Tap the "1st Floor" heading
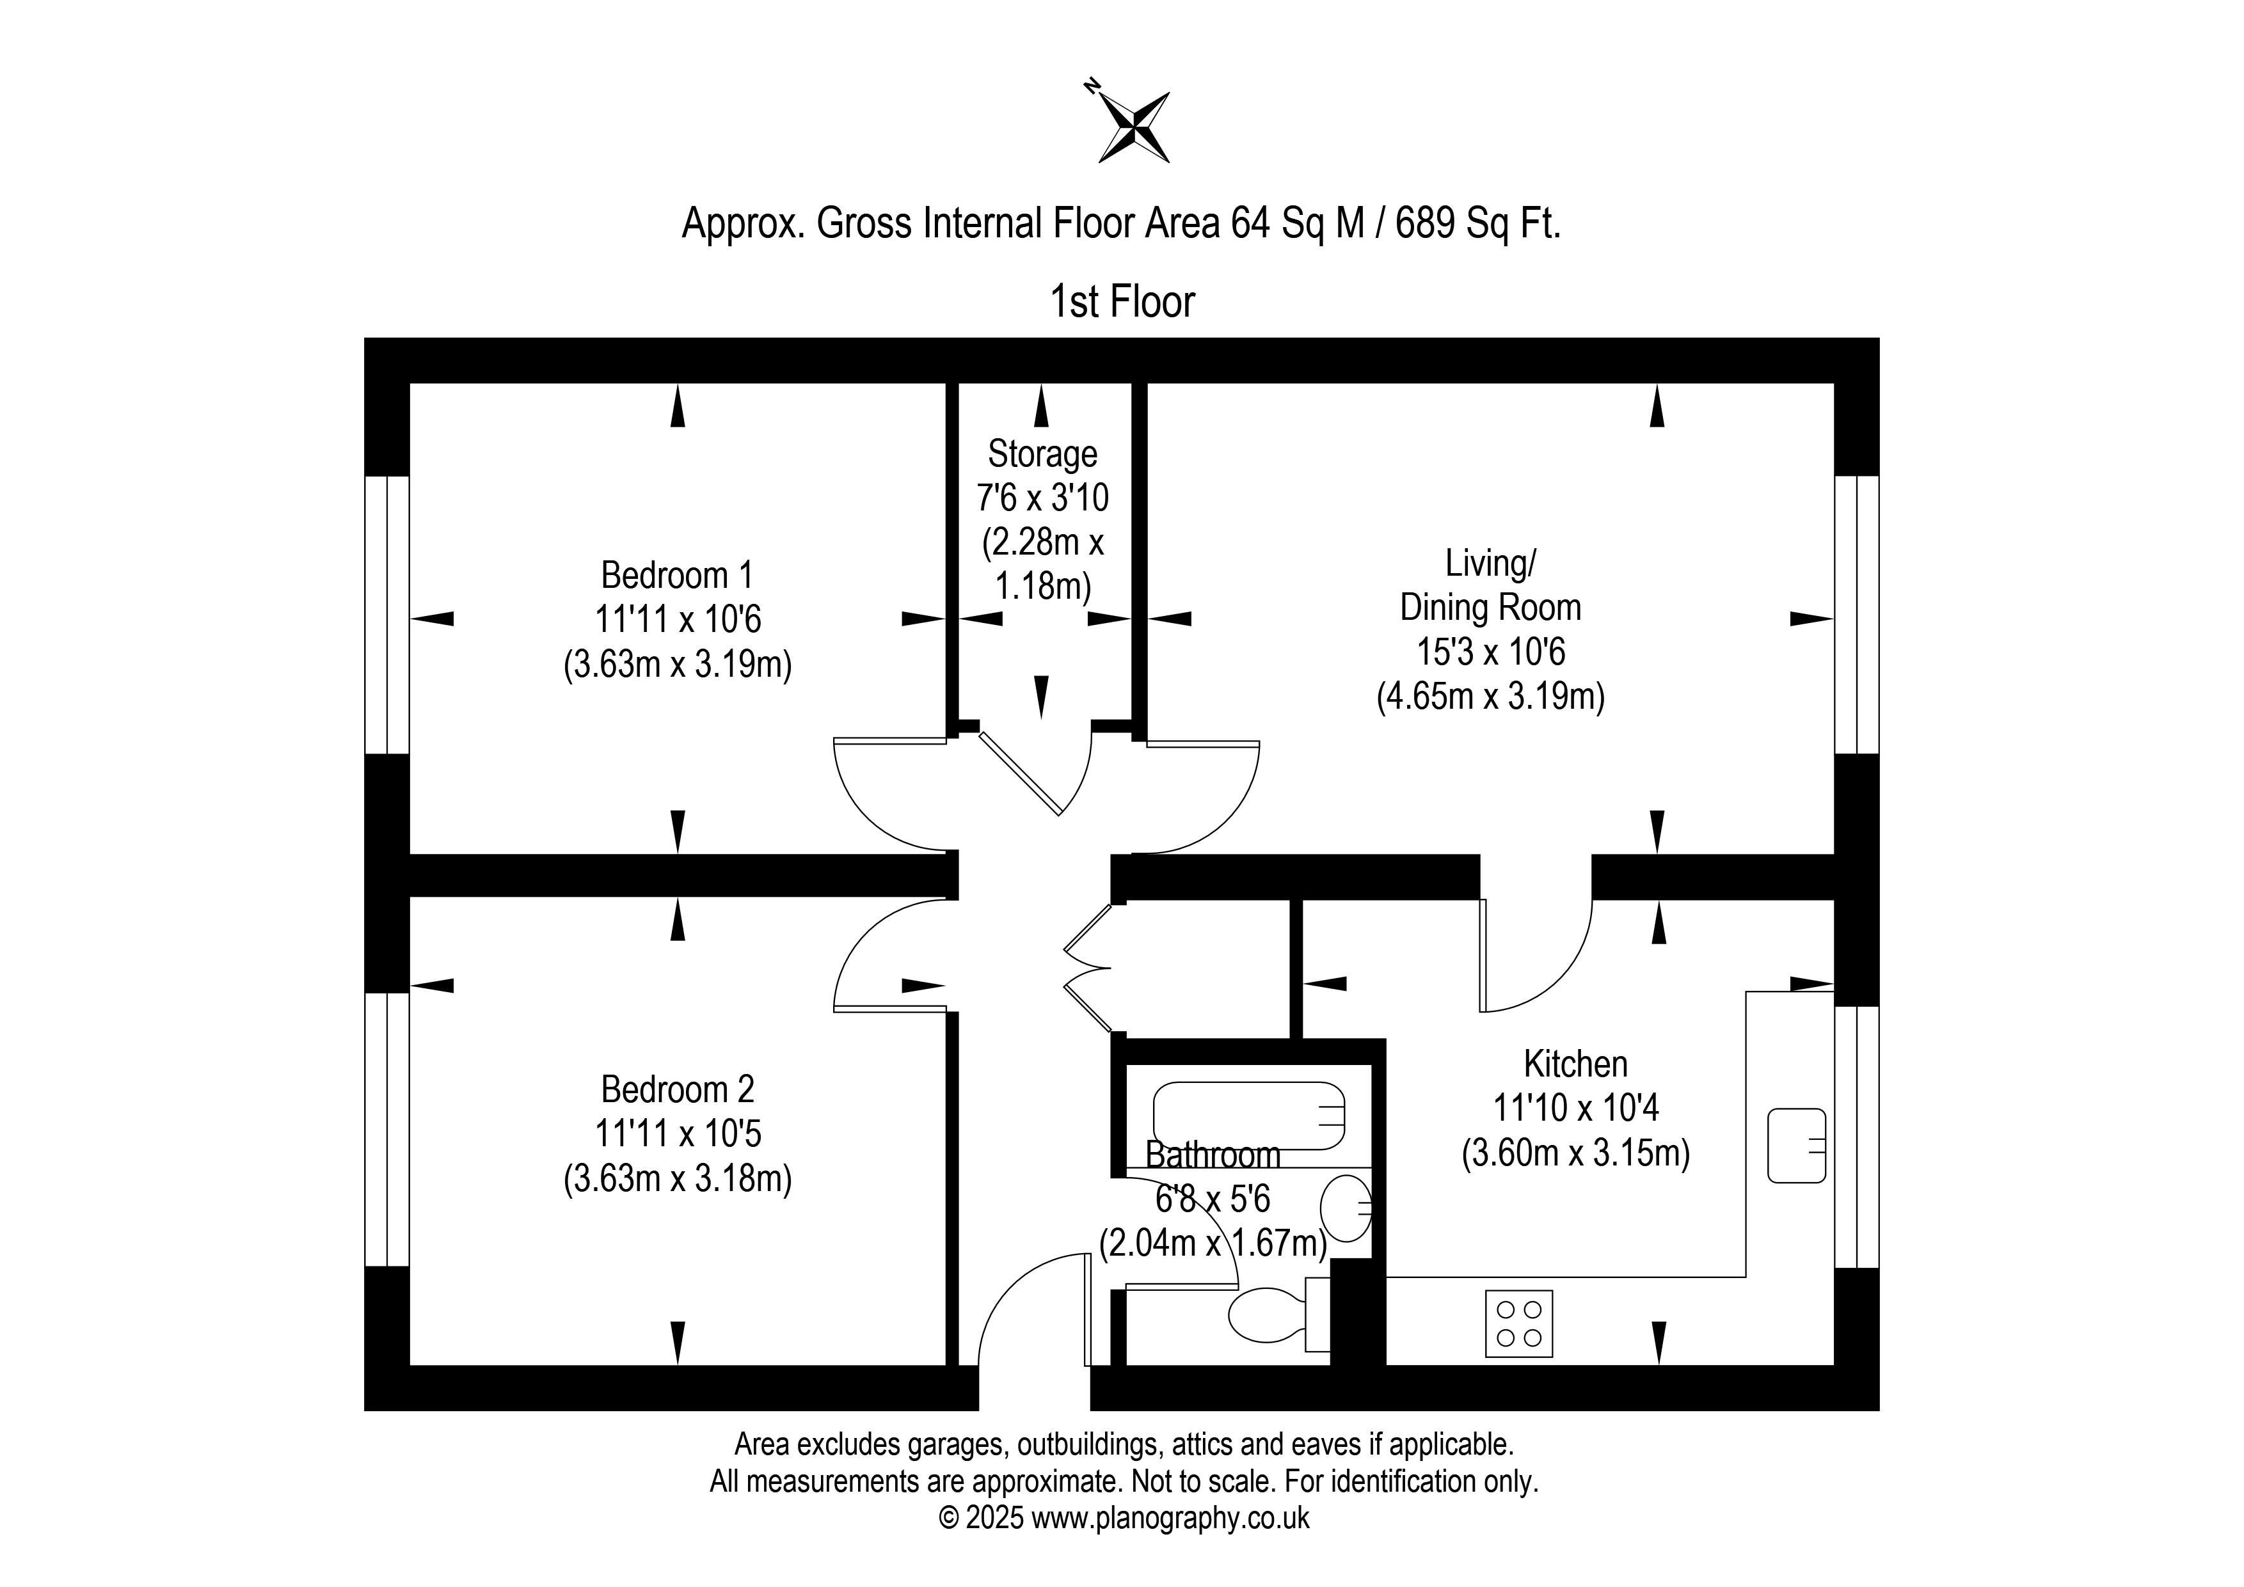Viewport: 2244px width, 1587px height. tap(1122, 302)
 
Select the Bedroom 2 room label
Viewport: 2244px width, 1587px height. tap(678, 1089)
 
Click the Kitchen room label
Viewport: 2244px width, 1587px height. tap(1575, 1063)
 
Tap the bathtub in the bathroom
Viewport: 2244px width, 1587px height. tap(1249, 1115)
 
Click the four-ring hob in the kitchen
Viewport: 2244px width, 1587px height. tap(1519, 1323)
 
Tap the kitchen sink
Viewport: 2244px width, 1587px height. tap(1796, 1145)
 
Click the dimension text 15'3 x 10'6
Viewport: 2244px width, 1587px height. tap(1490, 651)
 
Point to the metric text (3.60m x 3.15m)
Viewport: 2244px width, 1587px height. tap(1575, 1153)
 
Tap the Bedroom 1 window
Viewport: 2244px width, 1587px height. tap(387, 615)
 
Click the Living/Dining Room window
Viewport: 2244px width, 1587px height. tap(1857, 615)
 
